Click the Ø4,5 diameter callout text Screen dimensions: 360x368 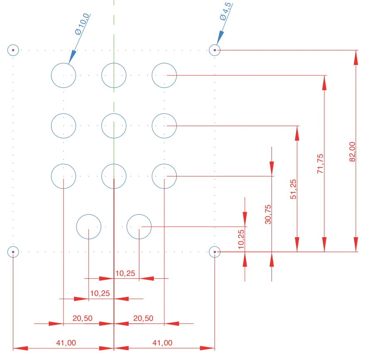tap(226, 11)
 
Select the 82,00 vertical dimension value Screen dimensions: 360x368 tap(352, 151)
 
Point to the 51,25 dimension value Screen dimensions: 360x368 tap(294, 189)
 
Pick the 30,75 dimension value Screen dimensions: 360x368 tap(268, 214)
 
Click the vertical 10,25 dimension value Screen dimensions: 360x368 tap(242, 239)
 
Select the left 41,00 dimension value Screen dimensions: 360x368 tap(66, 343)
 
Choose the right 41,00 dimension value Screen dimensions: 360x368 tap(162, 343)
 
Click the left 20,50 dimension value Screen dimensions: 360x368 tap(82, 318)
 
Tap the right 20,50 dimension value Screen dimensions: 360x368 tap(143, 318)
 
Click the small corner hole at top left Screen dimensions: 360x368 tap(13, 50)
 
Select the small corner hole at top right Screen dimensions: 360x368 tap(215, 50)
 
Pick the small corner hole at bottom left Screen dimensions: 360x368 tap(13, 252)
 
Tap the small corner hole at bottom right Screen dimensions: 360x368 tap(215, 252)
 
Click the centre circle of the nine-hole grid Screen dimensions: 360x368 tap(114, 126)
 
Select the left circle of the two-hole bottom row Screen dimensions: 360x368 tap(89, 227)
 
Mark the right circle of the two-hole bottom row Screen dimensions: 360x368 tap(139, 227)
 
